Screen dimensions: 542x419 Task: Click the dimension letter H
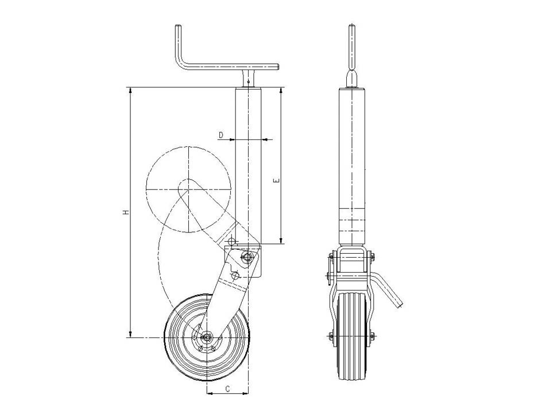point(126,212)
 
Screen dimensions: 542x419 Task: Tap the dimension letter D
point(222,134)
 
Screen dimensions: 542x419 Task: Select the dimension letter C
point(227,389)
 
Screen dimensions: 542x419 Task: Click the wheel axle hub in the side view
point(207,336)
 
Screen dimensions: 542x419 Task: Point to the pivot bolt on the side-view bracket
point(247,257)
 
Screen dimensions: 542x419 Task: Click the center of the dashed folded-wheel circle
point(188,189)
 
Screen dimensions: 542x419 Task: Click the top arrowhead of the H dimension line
point(130,90)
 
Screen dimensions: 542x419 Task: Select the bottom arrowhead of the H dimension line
point(130,334)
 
